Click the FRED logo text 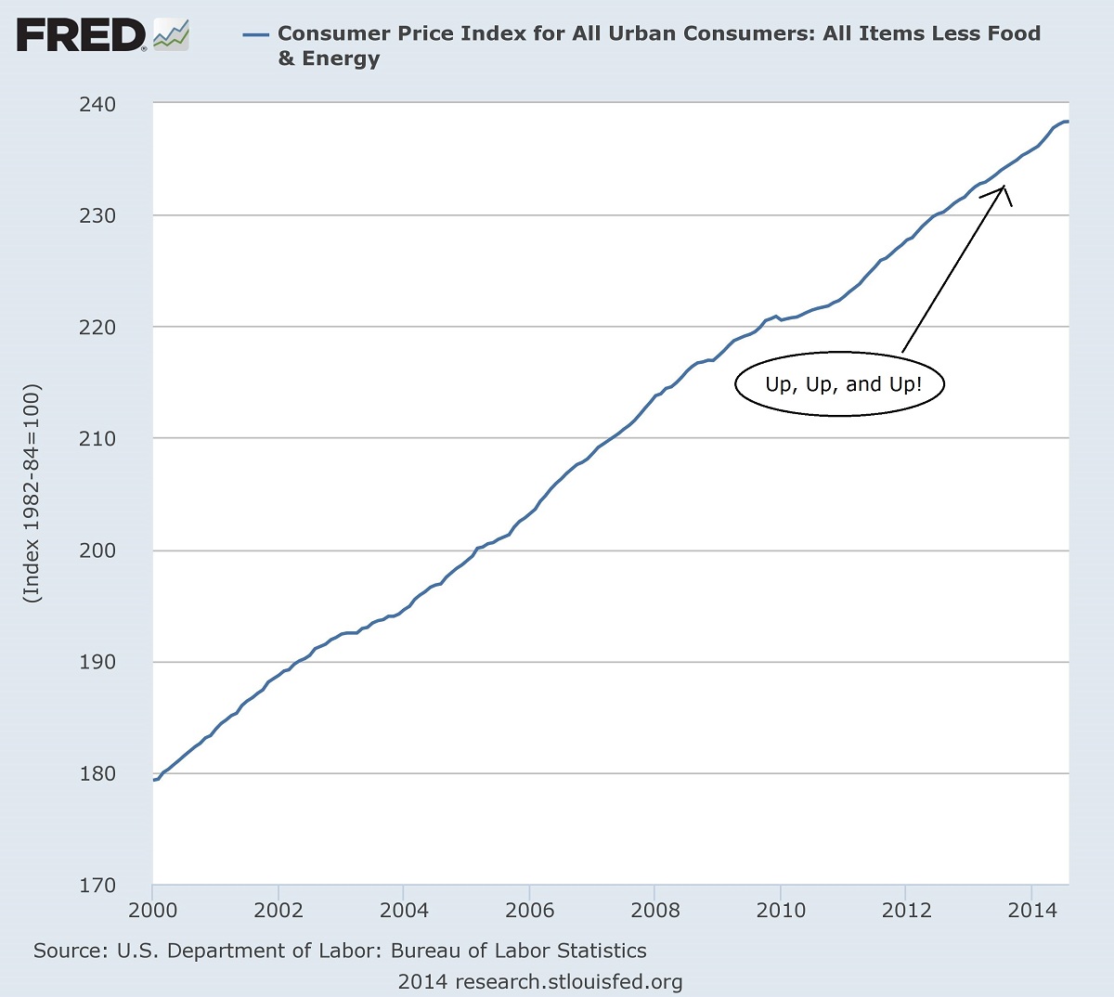(81, 36)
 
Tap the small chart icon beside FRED (171, 35)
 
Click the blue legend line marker (255, 35)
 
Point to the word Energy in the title (341, 59)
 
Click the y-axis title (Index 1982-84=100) (33, 493)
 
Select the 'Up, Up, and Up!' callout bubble (840, 384)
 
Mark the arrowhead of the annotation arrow (1004, 188)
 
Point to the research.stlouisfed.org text (568, 982)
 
